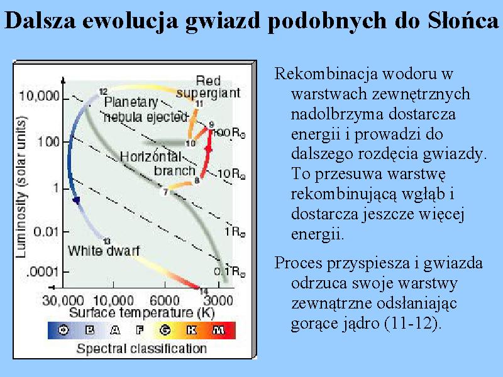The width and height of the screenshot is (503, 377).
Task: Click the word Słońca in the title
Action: coord(463,20)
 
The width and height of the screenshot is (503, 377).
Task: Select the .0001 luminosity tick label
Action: coord(43,272)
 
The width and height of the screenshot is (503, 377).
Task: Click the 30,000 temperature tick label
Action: coord(63,301)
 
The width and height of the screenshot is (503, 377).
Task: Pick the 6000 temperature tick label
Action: coord(165,301)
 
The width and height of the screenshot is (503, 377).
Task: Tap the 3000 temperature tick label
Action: coord(218,301)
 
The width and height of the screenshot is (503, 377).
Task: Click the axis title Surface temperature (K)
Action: coord(141,312)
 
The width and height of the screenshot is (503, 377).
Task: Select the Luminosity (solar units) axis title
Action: coord(21,187)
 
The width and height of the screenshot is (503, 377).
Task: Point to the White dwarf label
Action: coord(104,250)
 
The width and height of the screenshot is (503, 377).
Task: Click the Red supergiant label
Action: coord(208,87)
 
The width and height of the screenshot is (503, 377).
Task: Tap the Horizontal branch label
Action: coord(158,163)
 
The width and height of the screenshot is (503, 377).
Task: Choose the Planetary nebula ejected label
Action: coord(145,109)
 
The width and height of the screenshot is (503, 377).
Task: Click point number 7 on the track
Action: coord(165,192)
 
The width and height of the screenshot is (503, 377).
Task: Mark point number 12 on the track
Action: coord(102,92)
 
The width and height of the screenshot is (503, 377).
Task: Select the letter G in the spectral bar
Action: coord(165,330)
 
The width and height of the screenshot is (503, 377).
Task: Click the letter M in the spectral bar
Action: coord(218,330)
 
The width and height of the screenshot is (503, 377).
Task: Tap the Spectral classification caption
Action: coord(141,349)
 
